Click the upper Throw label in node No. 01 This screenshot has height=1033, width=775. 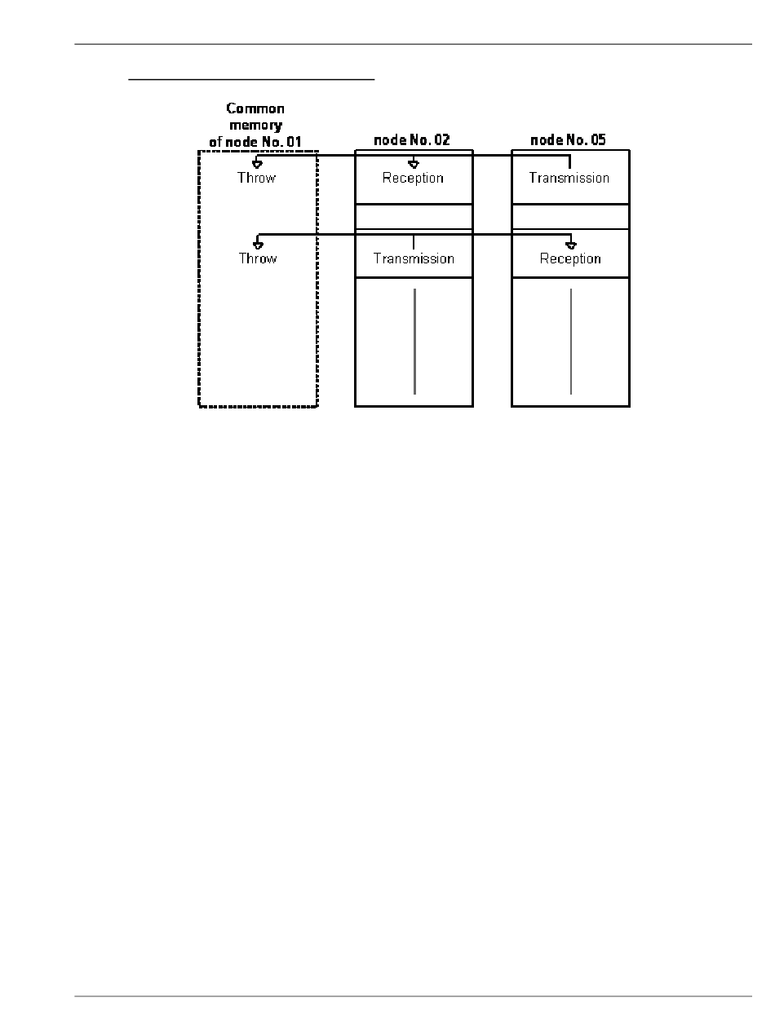coord(256,178)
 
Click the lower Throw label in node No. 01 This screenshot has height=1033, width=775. coord(257,258)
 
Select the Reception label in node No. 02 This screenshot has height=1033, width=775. coord(413,178)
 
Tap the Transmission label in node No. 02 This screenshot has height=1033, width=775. coord(414,258)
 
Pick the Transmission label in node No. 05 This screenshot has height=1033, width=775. coord(569,178)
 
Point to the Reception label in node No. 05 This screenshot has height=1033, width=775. coord(570,258)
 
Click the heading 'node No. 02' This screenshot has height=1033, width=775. coord(412,140)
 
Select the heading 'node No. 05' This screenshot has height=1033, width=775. coord(569,140)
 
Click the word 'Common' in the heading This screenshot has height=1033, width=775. coord(255,108)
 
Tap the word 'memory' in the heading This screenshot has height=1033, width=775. coord(255,125)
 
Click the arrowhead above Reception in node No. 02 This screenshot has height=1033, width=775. coord(414,164)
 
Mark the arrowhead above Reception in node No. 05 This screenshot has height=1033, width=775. coord(571,245)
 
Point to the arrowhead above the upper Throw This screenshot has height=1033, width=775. coord(257,164)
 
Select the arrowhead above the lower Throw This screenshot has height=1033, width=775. coord(258,245)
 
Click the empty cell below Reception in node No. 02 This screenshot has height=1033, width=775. coord(414,216)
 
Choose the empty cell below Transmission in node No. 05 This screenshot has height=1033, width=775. coord(570,216)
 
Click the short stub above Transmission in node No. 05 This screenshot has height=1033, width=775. coord(569,161)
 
